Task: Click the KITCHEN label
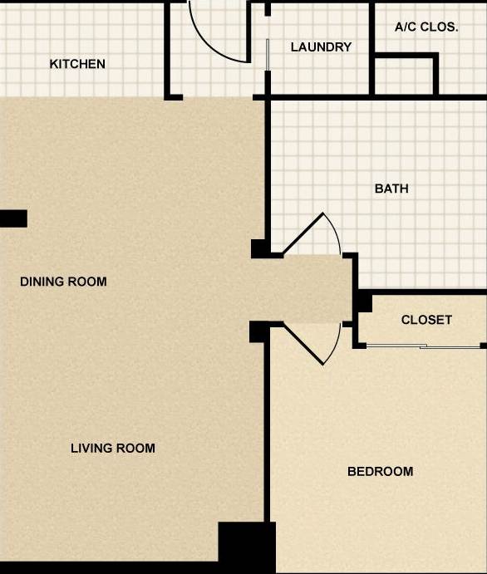pos(77,64)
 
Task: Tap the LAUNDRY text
pos(321,47)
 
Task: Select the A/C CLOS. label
pos(426,27)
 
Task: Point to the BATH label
pos(391,189)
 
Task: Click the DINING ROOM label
pos(63,282)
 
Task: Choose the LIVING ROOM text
pos(112,449)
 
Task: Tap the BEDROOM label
pos(380,472)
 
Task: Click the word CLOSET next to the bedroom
pos(426,320)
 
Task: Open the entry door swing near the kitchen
pos(218,33)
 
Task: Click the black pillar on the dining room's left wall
pos(13,218)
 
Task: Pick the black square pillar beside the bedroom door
pos(259,331)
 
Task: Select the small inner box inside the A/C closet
pos(405,76)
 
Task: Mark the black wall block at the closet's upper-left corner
pos(363,301)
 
